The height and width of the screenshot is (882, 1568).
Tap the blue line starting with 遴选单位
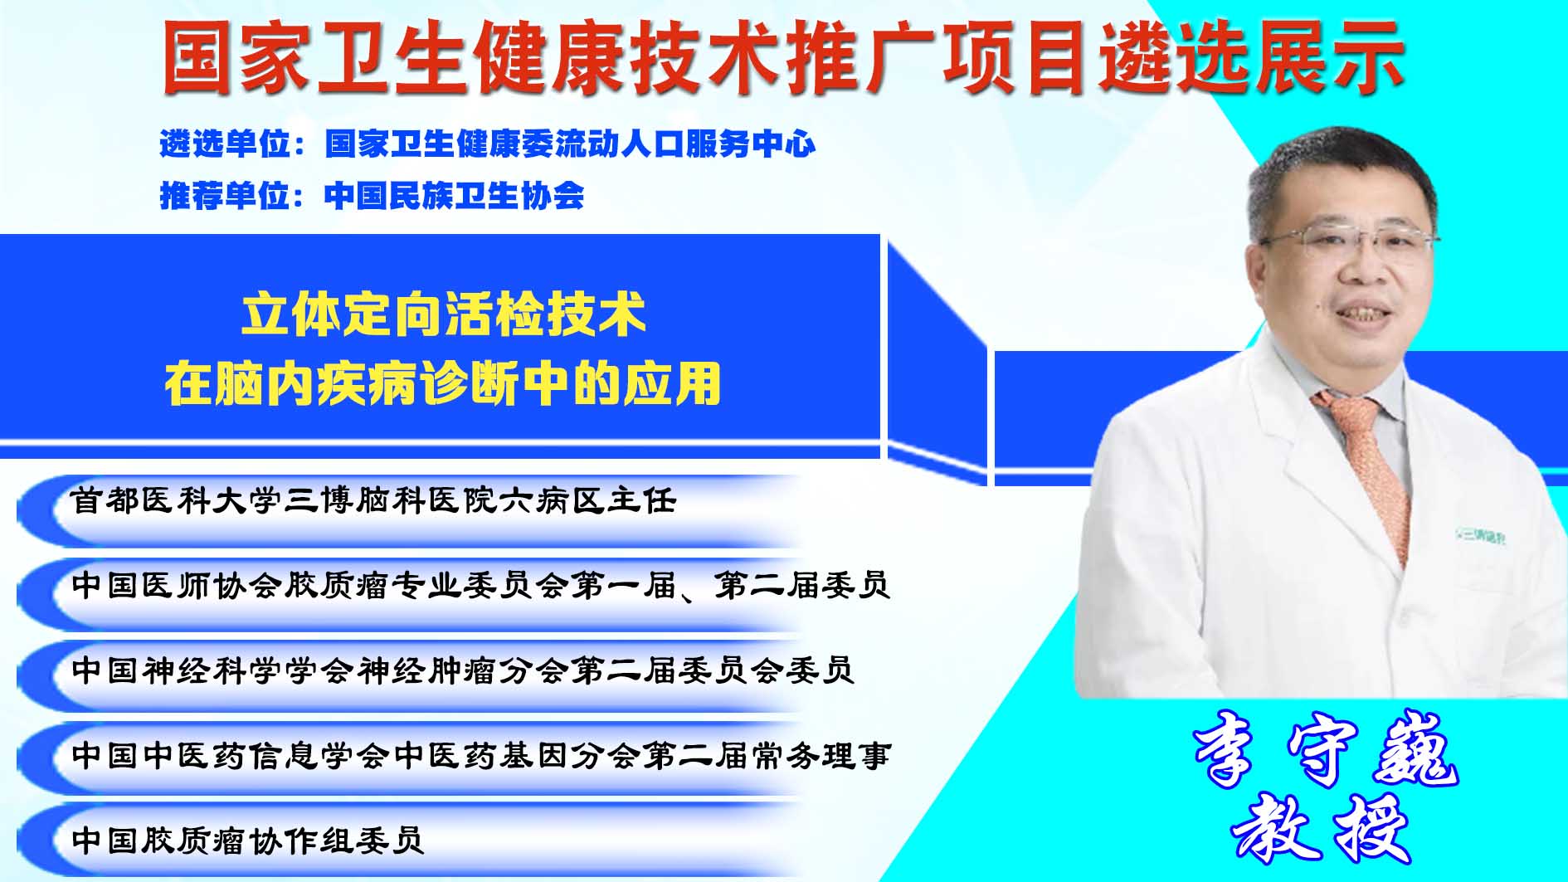click(x=488, y=144)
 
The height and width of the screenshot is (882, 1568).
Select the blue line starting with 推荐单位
click(x=372, y=196)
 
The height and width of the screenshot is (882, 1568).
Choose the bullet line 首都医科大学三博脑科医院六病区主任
click(x=374, y=501)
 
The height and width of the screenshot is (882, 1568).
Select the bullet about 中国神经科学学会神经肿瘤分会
click(x=463, y=670)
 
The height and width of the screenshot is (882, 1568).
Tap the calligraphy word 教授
click(x=1322, y=828)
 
